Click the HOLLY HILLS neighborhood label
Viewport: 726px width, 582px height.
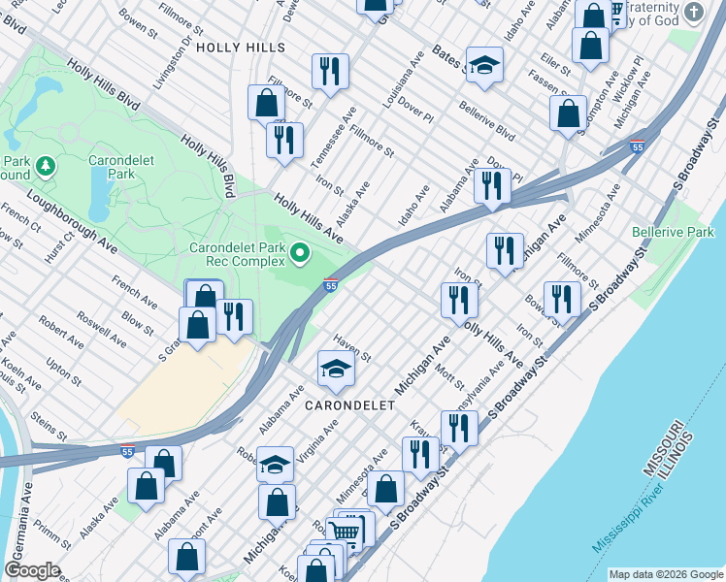[x=241, y=47]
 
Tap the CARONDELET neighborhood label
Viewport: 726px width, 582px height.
[x=349, y=404]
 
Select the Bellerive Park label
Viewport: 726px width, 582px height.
[x=673, y=232]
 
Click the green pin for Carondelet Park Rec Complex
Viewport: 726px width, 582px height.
[x=300, y=254]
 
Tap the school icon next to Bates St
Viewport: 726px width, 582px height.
[x=484, y=65]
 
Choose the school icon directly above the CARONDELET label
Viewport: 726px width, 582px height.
[x=336, y=369]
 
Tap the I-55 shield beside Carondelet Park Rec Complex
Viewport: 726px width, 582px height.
[x=331, y=285]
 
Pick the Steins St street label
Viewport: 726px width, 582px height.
[x=48, y=423]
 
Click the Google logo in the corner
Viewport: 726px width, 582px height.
[x=32, y=570]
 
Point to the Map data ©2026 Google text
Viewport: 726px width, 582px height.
[x=665, y=574]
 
